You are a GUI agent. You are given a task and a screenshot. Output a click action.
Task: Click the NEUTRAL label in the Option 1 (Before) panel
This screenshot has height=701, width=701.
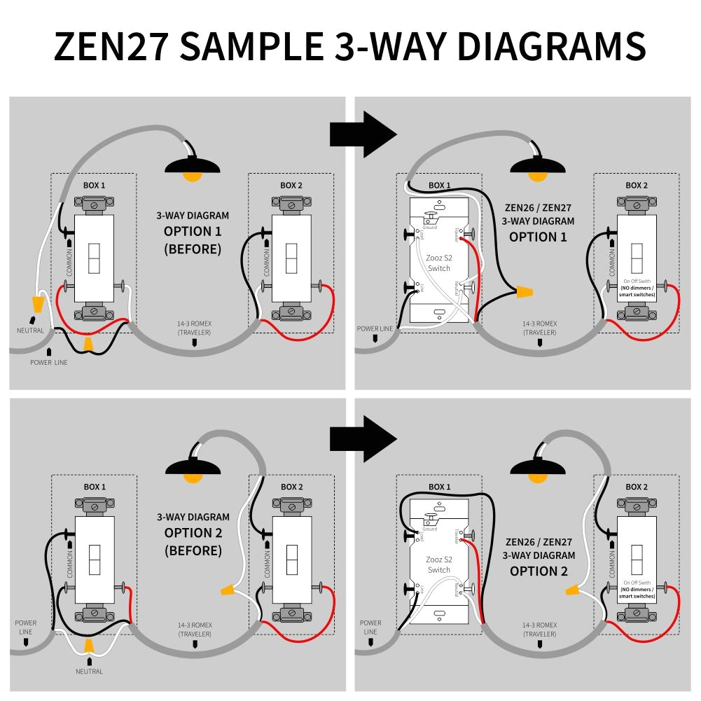click(x=31, y=331)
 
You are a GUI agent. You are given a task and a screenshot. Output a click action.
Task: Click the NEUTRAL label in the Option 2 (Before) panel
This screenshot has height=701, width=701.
click(x=89, y=671)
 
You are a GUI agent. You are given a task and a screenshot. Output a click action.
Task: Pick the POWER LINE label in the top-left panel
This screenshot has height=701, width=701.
click(x=49, y=362)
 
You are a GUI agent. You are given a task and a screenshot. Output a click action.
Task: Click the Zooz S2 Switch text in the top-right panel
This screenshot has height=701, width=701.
click(x=439, y=263)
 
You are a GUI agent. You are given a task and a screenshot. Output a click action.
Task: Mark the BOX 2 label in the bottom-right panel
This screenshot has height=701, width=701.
click(x=636, y=487)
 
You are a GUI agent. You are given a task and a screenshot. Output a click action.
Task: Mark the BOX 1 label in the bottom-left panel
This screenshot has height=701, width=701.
click(x=95, y=487)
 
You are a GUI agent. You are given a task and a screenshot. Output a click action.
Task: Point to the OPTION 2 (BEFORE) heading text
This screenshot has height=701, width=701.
click(x=193, y=541)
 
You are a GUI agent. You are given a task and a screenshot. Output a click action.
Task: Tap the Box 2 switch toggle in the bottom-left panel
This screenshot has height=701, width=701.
click(x=291, y=560)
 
